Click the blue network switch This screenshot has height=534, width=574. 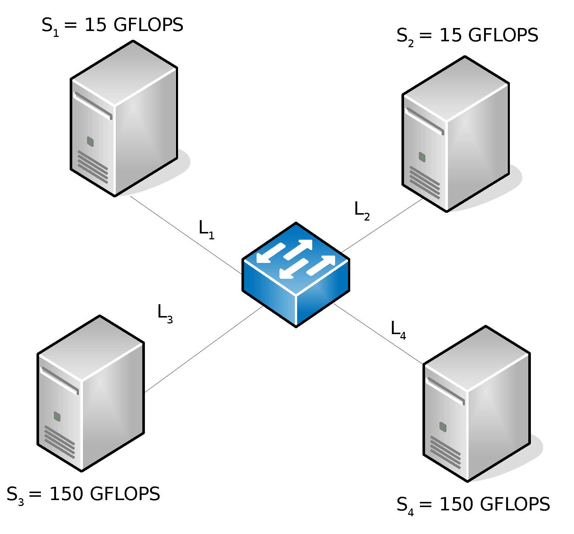click(x=296, y=274)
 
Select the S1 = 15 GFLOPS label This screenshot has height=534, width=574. click(x=112, y=26)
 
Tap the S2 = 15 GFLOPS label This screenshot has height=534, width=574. click(x=467, y=36)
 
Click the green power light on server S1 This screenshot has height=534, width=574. click(x=90, y=141)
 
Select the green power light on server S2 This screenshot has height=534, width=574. click(x=422, y=157)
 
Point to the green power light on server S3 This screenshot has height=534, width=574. click(x=57, y=416)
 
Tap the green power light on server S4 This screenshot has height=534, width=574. click(x=443, y=427)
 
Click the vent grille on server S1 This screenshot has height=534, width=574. click(x=93, y=167)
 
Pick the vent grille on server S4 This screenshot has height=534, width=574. click(x=445, y=452)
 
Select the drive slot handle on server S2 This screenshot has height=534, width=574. click(x=424, y=121)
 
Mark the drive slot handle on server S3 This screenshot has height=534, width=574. click(x=59, y=381)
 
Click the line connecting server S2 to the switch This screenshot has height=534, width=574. click(x=382, y=226)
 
